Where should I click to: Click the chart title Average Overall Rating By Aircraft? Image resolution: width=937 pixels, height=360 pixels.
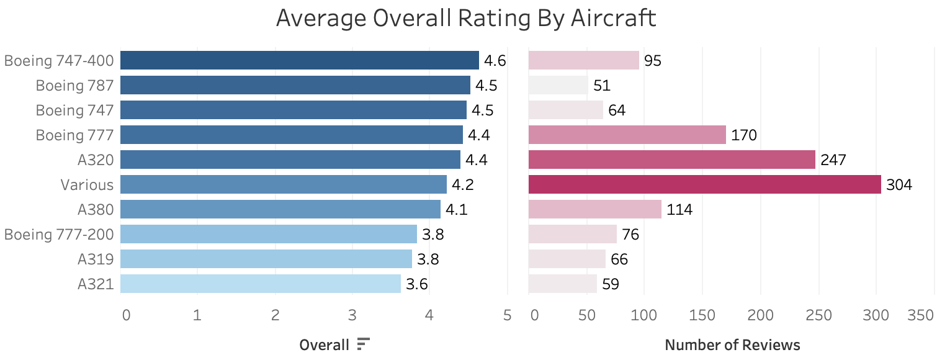(x=465, y=18)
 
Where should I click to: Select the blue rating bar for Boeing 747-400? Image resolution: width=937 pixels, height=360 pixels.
(x=299, y=60)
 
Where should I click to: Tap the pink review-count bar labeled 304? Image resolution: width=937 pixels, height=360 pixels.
(x=704, y=184)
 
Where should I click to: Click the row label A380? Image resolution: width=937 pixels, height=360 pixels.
(x=96, y=210)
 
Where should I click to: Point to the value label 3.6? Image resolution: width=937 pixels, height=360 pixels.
(x=417, y=284)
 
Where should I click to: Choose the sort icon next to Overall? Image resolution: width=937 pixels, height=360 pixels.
(x=364, y=344)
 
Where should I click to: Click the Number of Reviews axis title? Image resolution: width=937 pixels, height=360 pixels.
(x=732, y=344)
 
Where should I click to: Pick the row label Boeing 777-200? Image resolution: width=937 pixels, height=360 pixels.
(x=59, y=235)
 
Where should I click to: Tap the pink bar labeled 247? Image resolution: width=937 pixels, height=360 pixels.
(x=671, y=160)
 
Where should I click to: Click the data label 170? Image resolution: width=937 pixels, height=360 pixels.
(x=744, y=135)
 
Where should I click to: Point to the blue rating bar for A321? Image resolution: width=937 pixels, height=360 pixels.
(x=260, y=284)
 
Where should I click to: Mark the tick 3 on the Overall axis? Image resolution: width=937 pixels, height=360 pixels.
(x=352, y=315)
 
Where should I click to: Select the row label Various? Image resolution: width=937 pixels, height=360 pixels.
(x=87, y=185)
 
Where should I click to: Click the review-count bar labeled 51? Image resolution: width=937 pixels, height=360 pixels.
(x=558, y=85)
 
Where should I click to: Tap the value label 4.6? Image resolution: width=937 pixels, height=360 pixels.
(x=495, y=61)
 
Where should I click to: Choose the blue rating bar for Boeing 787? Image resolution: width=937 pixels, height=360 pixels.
(x=295, y=85)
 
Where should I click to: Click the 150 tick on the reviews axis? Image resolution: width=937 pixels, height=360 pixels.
(x=702, y=315)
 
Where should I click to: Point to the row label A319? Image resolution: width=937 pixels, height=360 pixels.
(x=96, y=259)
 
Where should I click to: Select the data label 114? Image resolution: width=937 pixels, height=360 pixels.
(x=679, y=210)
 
